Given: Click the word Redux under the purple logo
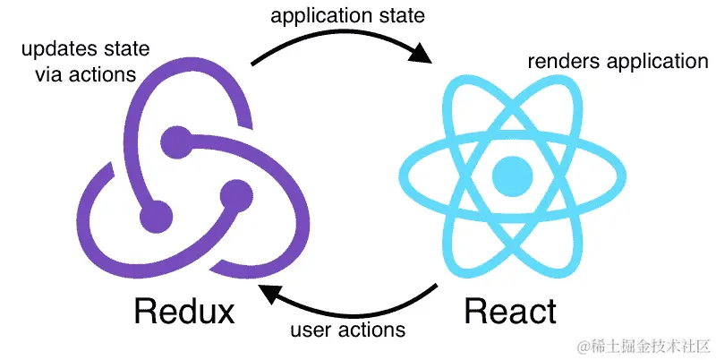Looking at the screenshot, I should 183,312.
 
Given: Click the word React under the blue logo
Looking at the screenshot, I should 509,312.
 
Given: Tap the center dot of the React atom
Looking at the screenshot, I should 512,173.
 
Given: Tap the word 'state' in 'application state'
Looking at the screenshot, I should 400,17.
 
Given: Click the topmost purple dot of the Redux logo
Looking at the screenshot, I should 176,139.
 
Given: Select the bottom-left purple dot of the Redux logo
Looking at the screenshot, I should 156,215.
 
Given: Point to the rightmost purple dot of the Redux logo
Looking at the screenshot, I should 236,190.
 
